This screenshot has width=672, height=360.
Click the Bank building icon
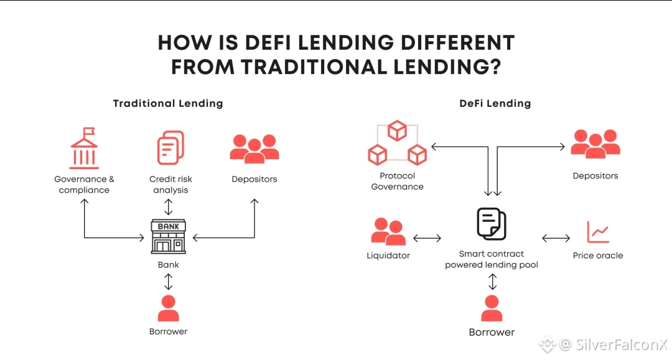(x=169, y=236)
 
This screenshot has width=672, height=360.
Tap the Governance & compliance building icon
(x=84, y=148)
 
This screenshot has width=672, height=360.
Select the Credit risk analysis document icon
(x=170, y=148)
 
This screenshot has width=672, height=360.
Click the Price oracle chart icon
(x=598, y=232)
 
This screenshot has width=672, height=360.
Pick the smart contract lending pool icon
(x=492, y=224)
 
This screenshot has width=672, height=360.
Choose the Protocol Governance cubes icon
(x=397, y=143)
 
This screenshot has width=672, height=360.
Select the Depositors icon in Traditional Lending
(x=254, y=148)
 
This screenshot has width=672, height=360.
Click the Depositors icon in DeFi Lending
(x=595, y=144)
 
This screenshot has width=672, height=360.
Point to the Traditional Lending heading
(x=168, y=103)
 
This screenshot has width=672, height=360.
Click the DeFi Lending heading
(x=495, y=103)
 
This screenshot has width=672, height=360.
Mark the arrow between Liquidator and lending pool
(x=427, y=238)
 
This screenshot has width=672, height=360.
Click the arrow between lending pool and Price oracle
(x=556, y=238)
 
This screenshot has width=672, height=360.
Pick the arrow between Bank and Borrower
(x=168, y=282)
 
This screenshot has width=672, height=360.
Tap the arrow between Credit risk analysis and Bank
(x=168, y=206)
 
